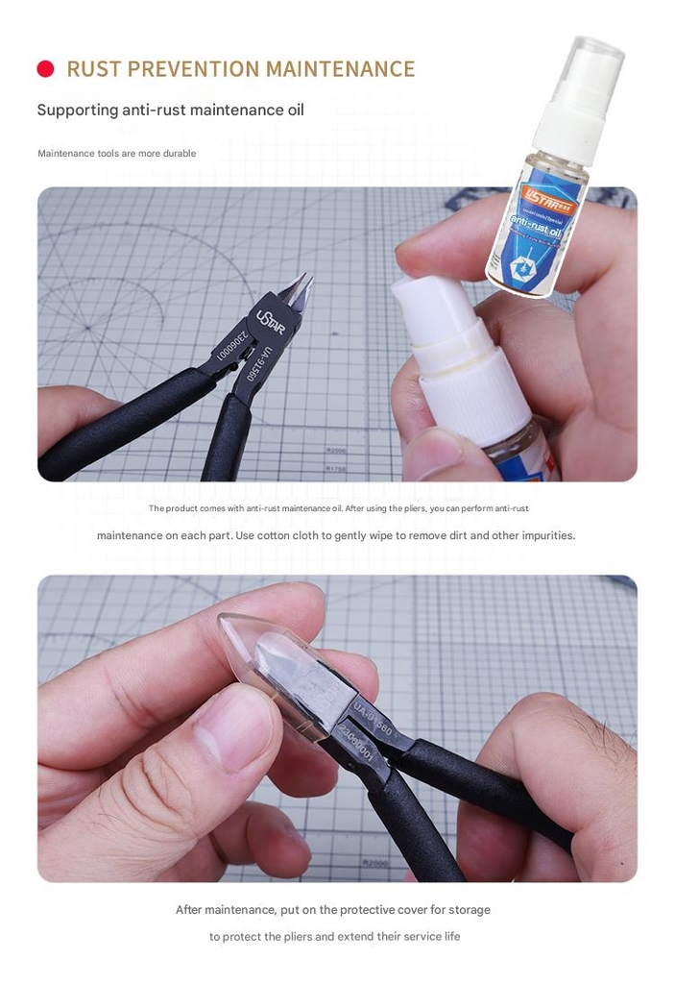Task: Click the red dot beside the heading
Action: coord(45,69)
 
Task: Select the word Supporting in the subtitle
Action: coord(77,110)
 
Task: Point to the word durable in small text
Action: coord(180,154)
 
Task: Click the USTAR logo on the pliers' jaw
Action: coord(270,321)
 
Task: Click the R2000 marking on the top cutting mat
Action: coord(337,451)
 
